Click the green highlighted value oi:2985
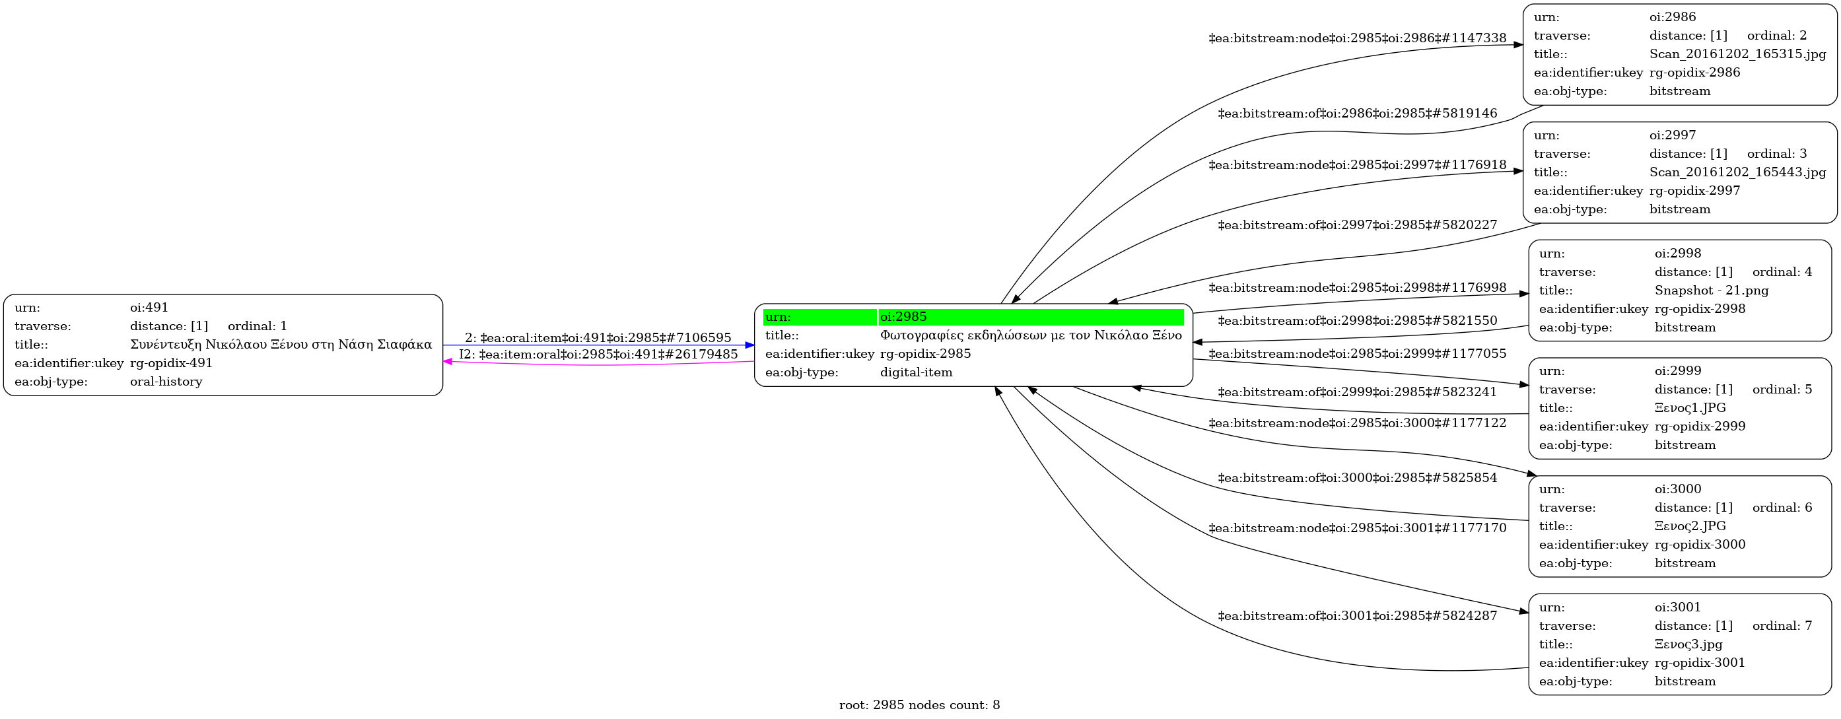pos(903,317)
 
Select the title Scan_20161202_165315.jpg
pos(1737,53)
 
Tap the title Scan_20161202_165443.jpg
pos(1737,172)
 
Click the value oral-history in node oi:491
pos(166,381)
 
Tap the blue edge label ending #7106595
pos(598,337)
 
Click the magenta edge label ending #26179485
pos(598,354)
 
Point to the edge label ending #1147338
pos(1357,38)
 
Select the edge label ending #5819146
pos(1357,113)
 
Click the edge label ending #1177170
pos(1357,528)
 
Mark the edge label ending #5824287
pos(1357,615)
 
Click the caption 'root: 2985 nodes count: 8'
pos(919,704)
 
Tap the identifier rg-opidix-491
pos(171,362)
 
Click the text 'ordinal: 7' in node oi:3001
pos(1782,625)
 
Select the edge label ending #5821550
pos(1357,320)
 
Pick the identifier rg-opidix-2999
pos(1700,426)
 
